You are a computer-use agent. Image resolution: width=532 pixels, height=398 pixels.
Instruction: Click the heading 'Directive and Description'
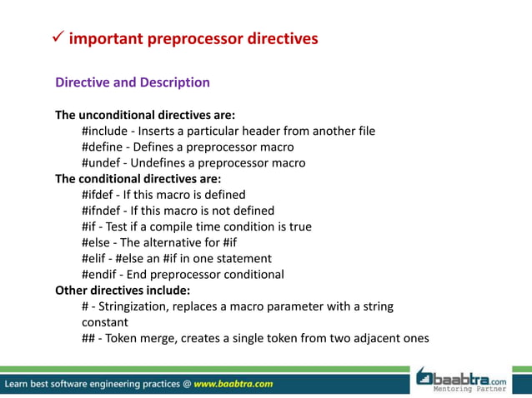pos(132,82)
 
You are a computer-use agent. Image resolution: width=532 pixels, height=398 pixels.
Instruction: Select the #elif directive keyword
pos(95,258)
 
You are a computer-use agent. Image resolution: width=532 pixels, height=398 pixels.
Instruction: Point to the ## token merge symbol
pos(88,338)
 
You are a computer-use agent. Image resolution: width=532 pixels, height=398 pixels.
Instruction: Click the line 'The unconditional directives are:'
pos(145,114)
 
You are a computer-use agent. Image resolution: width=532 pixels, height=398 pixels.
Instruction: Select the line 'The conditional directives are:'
pos(138,178)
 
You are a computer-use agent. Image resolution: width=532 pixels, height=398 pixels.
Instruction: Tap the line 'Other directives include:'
pos(123,291)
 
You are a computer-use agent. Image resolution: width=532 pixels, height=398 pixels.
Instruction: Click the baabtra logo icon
pos(426,376)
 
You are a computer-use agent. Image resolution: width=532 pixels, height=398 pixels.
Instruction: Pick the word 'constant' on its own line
pos(105,322)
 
